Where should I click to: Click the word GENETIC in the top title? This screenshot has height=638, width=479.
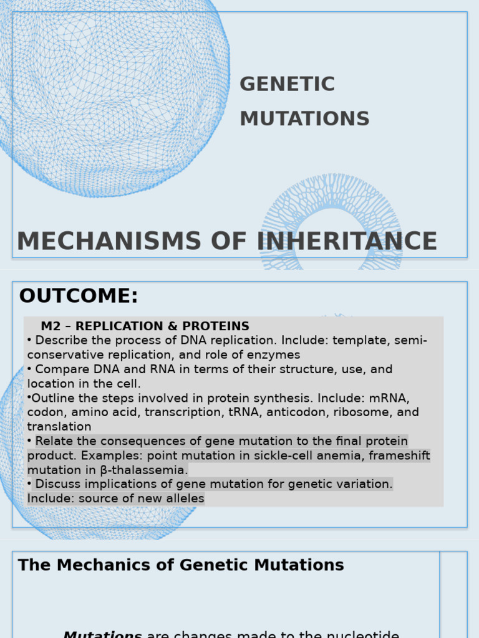(x=287, y=84)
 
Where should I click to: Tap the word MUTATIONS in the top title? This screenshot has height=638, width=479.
(x=304, y=118)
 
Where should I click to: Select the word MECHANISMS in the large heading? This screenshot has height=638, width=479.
(x=109, y=242)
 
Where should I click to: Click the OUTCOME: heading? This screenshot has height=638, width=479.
(x=79, y=296)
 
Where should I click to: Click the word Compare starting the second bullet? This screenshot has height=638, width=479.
(x=60, y=369)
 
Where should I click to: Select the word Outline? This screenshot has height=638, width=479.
(x=52, y=398)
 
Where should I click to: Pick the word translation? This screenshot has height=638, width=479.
(x=59, y=427)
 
